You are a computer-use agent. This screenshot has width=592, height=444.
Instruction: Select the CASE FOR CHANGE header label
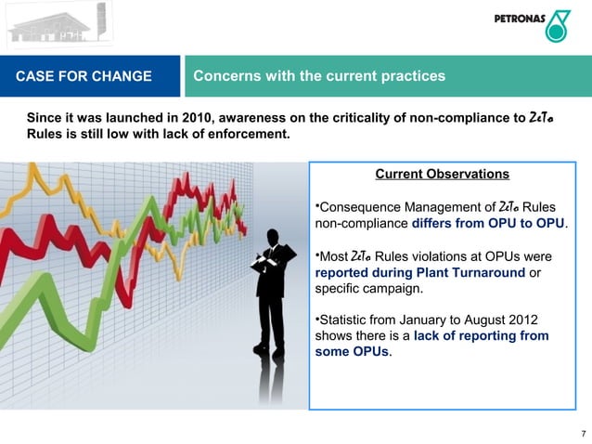pyautogui.click(x=84, y=76)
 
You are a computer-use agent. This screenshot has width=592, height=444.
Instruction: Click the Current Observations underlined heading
pyautogui.click(x=442, y=174)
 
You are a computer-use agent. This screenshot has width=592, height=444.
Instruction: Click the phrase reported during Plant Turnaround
pyautogui.click(x=419, y=273)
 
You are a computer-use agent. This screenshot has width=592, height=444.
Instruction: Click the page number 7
pyautogui.click(x=582, y=434)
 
